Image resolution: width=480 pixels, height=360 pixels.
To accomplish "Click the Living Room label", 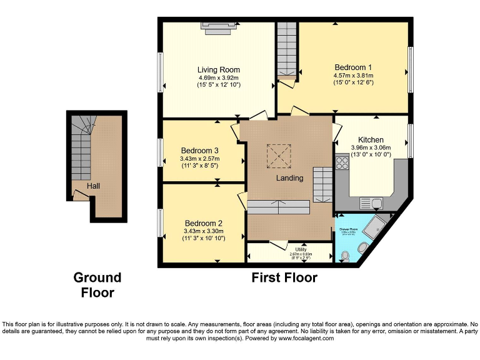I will [218, 69].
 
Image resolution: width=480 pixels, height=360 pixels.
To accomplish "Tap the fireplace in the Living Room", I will [219, 24].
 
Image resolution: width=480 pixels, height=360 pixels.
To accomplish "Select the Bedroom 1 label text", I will [353, 67].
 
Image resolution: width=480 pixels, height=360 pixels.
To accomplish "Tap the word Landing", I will [290, 178].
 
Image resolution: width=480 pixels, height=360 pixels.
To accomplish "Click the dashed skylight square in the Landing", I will [279, 154].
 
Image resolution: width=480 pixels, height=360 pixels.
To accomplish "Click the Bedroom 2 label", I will [203, 223].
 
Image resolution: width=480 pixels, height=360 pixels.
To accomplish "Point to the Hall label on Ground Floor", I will [93, 186].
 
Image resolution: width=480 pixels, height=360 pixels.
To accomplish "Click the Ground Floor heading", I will [97, 284].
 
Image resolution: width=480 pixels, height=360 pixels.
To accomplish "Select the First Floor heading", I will [284, 277].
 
